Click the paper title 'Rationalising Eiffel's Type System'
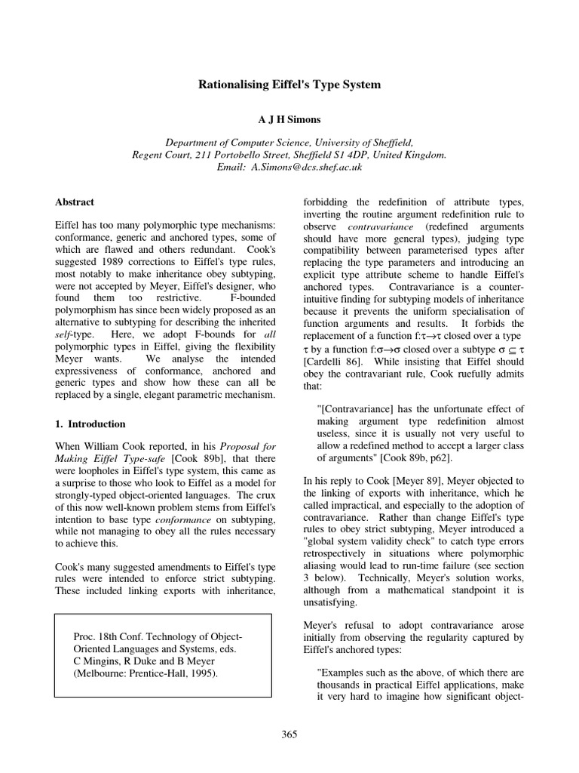coord(289,85)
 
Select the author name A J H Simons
coord(289,119)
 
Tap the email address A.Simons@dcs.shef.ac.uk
coord(311,167)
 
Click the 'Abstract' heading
coord(75,202)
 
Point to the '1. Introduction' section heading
coord(90,423)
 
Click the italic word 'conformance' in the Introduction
coord(185,521)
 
